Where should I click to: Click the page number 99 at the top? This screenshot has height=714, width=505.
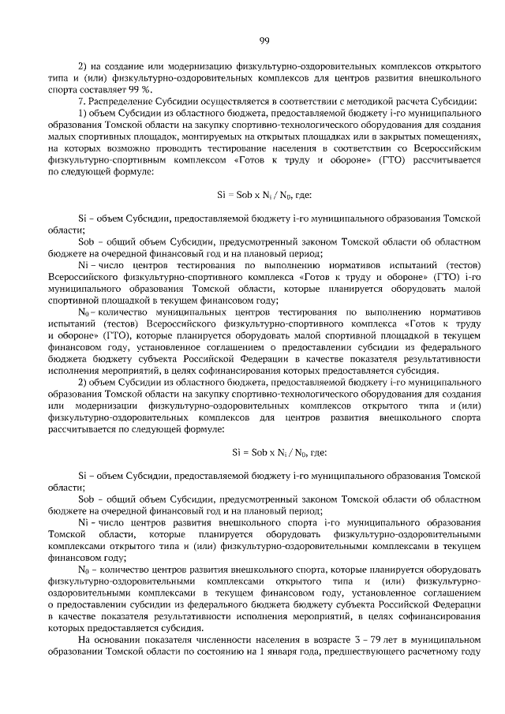(x=265, y=41)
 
